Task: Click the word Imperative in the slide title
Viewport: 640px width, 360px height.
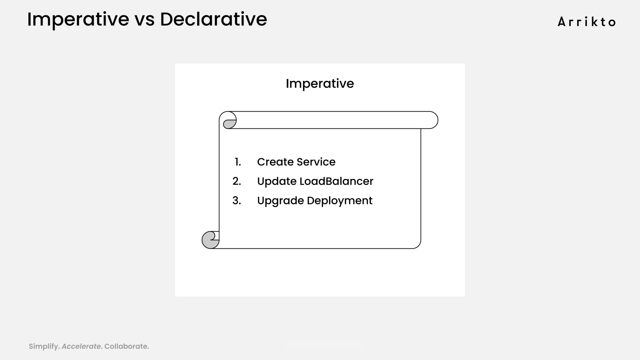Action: point(78,19)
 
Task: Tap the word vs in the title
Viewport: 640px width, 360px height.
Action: point(144,19)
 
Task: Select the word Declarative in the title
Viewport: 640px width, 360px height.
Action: point(213,19)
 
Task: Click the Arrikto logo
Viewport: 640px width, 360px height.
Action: point(587,22)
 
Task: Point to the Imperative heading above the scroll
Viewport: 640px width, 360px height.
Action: point(320,83)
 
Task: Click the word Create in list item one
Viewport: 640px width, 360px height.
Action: point(275,162)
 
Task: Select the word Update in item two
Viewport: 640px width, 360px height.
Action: point(277,181)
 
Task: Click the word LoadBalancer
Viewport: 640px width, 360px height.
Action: point(336,181)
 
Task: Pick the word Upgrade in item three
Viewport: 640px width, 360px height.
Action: point(280,201)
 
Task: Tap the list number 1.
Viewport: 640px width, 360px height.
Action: point(238,162)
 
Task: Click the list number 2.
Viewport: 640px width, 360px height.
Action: point(237,181)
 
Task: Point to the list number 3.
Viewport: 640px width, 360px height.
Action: point(237,201)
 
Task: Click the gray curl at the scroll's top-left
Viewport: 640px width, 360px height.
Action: point(229,124)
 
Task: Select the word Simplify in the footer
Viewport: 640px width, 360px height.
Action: point(43,346)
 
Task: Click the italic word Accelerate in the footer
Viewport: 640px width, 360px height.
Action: point(81,346)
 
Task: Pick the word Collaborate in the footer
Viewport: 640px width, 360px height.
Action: point(126,346)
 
